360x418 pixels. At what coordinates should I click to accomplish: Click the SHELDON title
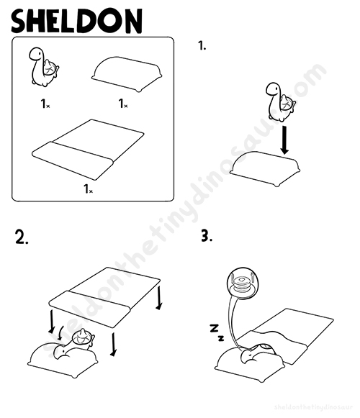click(x=76, y=21)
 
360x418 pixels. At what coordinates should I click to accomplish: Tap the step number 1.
click(x=202, y=46)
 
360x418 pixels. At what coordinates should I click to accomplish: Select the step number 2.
click(x=22, y=237)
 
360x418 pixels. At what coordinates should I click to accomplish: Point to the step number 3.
click(x=207, y=235)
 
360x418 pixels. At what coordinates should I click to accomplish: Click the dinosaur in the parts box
click(x=44, y=67)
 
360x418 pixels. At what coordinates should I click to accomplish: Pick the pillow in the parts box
click(x=127, y=74)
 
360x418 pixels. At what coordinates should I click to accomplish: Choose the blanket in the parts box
click(x=88, y=150)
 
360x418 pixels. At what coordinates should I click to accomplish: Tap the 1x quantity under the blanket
click(x=89, y=188)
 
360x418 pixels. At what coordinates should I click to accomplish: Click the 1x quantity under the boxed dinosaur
click(x=45, y=104)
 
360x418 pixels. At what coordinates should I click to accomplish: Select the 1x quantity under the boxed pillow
click(x=123, y=104)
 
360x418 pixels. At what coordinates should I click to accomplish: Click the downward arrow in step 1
click(x=284, y=140)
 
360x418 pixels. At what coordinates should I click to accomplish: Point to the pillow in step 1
click(x=265, y=169)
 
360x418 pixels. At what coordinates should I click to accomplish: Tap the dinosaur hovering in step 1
click(x=281, y=102)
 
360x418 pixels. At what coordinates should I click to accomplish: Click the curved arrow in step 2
click(x=60, y=333)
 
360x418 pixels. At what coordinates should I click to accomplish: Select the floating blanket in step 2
click(x=104, y=297)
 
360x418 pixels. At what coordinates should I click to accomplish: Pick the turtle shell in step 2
click(x=82, y=337)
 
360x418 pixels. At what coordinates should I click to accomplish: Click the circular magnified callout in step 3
click(x=243, y=284)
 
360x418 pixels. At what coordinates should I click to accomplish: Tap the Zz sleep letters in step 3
click(x=217, y=332)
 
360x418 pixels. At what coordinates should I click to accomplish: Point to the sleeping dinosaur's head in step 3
click(x=248, y=356)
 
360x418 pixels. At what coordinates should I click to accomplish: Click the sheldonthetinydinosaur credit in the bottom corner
click(x=313, y=407)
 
